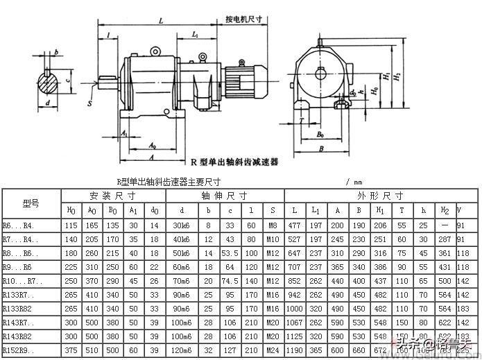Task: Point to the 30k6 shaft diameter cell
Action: coord(181,225)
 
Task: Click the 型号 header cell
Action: coord(31,203)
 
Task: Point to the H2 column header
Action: coord(445,210)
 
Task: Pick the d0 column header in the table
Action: coord(154,210)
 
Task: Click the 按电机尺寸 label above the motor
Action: coord(243,21)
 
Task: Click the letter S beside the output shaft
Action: coord(89,103)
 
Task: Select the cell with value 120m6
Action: coord(181,351)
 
